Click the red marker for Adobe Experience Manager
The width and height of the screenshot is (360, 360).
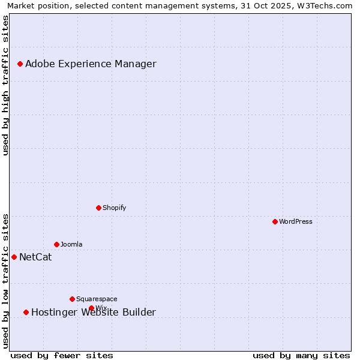point(20,64)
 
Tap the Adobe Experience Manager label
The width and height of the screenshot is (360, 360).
point(91,64)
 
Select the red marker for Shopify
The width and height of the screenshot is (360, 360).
point(98,208)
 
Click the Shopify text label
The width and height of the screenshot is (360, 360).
point(114,208)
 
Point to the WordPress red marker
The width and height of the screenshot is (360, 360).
point(275,221)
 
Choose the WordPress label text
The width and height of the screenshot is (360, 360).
point(295,221)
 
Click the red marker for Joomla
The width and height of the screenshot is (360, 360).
point(56,244)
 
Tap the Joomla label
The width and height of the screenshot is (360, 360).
point(71,244)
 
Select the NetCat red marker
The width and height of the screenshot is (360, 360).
point(14,257)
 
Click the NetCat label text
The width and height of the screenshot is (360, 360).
point(35,257)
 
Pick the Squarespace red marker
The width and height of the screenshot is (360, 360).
point(72,299)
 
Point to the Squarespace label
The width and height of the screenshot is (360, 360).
point(97,299)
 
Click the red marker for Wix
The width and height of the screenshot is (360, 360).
point(91,308)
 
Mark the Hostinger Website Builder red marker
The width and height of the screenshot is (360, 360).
point(26,312)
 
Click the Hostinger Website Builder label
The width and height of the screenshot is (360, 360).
point(93,313)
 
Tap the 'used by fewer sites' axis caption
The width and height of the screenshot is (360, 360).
point(62,355)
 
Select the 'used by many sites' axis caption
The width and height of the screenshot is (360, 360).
point(301,355)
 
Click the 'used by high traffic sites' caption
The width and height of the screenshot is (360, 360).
point(6,86)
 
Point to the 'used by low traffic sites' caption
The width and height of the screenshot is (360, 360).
point(6,281)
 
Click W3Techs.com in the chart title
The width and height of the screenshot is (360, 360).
point(326,5)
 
